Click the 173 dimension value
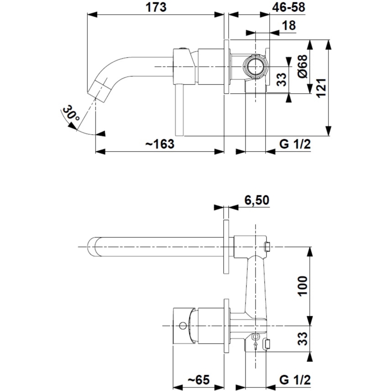click(x=156, y=7)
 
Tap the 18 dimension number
click(x=290, y=26)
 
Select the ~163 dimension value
click(x=159, y=144)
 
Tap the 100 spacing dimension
click(x=302, y=285)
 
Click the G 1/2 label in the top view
click(x=295, y=144)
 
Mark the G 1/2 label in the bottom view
click(x=295, y=379)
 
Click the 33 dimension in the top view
click(x=281, y=80)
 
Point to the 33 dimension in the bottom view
click(x=302, y=337)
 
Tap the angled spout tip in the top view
click(x=101, y=88)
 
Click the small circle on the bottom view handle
click(x=182, y=325)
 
